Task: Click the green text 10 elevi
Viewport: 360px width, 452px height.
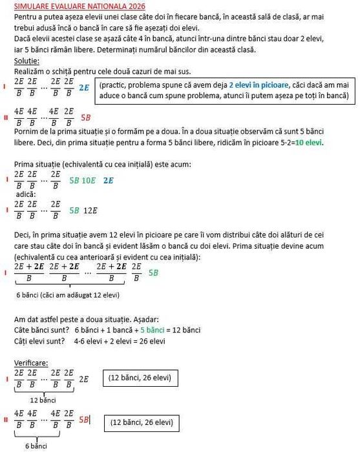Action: [x=310, y=143]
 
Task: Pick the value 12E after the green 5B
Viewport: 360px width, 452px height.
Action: [x=90, y=211]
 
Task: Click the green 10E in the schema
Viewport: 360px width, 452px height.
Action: [x=89, y=181]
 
